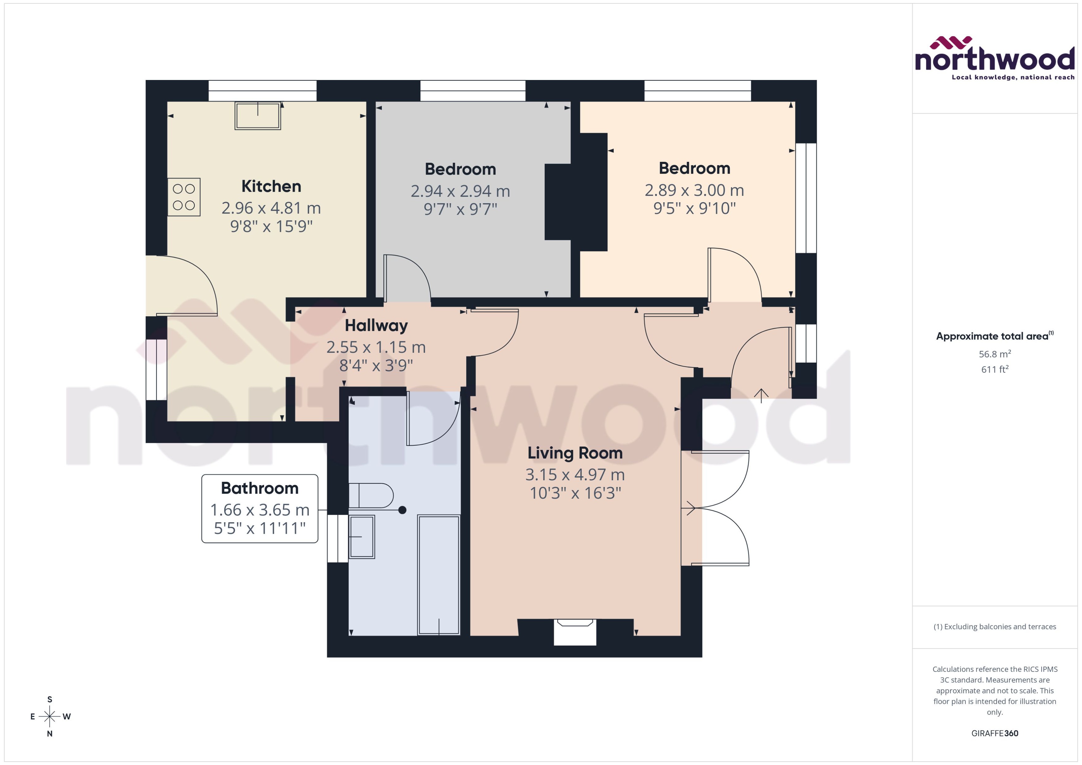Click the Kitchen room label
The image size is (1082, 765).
click(271, 187)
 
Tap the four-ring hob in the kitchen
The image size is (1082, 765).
click(184, 197)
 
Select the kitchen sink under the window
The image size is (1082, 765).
click(258, 116)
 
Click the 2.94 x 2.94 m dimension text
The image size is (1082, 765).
click(460, 191)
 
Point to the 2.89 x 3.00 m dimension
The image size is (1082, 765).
click(694, 190)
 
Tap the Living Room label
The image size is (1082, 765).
click(575, 453)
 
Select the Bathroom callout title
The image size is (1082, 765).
click(260, 488)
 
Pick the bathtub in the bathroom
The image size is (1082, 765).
click(438, 575)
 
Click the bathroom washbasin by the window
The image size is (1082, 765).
click(362, 536)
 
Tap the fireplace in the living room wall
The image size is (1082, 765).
click(575, 631)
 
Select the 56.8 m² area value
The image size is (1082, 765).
click(994, 354)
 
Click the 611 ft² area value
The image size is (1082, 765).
click(994, 369)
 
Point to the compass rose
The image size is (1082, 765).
click(49, 717)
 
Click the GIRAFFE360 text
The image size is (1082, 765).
click(994, 733)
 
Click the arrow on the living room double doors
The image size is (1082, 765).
click(691, 508)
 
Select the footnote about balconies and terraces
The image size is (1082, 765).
click(994, 627)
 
